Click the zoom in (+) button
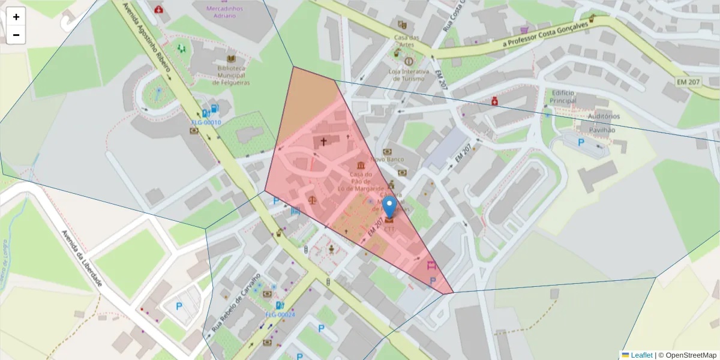tap(16, 17)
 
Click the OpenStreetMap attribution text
tap(687, 355)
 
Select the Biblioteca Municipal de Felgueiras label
tap(230, 76)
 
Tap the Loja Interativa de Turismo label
tap(409, 75)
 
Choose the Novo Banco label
tap(387, 160)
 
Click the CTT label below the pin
tap(389, 229)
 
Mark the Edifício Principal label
tap(563, 97)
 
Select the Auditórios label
tap(603, 116)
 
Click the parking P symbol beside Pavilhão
tap(580, 143)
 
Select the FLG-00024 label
tap(280, 315)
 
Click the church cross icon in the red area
tap(323, 142)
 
